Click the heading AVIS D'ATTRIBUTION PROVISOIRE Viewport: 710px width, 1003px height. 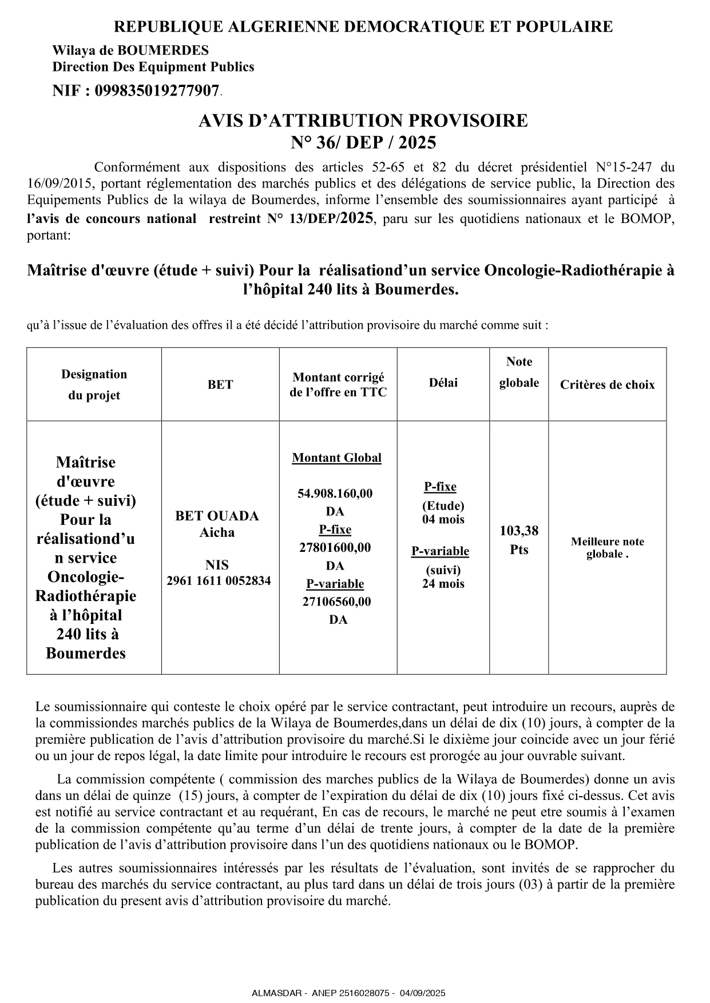pyautogui.click(x=363, y=121)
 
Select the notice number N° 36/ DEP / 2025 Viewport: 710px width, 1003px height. pyautogui.click(x=363, y=142)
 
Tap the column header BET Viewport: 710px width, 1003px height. pyautogui.click(x=220, y=385)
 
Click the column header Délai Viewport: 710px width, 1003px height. pyautogui.click(x=443, y=383)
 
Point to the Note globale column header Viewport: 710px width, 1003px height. pyautogui.click(x=519, y=372)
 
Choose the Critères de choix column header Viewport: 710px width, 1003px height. pyautogui.click(x=607, y=385)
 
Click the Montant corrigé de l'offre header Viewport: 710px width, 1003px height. pyautogui.click(x=338, y=385)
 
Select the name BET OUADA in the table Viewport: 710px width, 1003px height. pyautogui.click(x=217, y=516)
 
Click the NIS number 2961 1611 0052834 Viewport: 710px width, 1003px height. pyautogui.click(x=219, y=581)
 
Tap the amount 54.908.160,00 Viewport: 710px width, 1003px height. pyautogui.click(x=335, y=493)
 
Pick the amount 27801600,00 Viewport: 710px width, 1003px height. pyautogui.click(x=335, y=547)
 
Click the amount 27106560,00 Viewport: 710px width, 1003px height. pyautogui.click(x=336, y=602)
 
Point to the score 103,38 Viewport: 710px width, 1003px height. pyautogui.click(x=519, y=531)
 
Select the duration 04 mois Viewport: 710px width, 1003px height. pyautogui.click(x=443, y=520)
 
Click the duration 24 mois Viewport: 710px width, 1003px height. pyautogui.click(x=443, y=584)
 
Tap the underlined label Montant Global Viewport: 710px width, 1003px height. pyautogui.click(x=336, y=458)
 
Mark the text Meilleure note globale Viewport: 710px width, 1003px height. pyautogui.click(x=607, y=548)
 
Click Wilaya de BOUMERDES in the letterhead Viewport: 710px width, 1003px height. pyautogui.click(x=130, y=51)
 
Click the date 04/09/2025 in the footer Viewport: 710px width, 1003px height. pyautogui.click(x=423, y=993)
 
